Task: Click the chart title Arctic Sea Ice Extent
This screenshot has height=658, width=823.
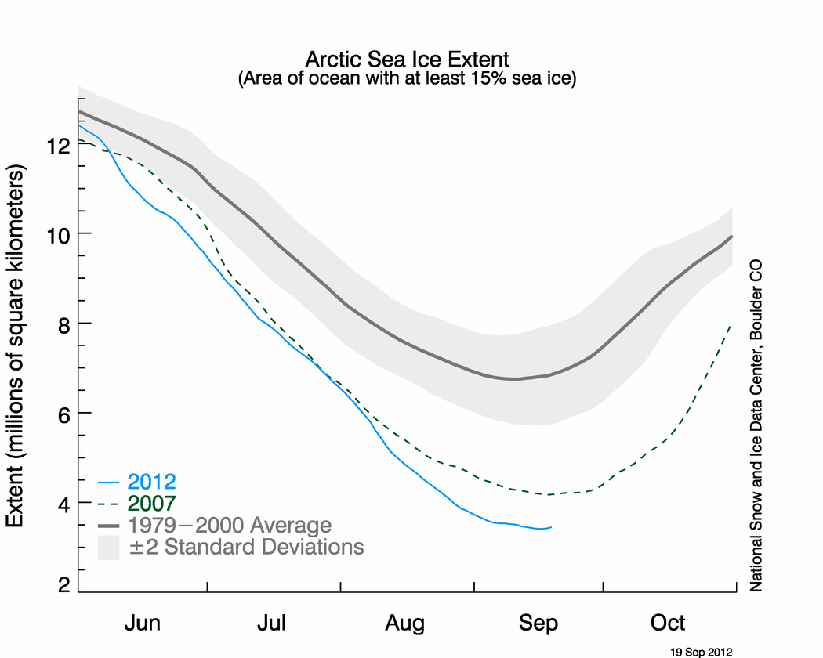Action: (x=407, y=60)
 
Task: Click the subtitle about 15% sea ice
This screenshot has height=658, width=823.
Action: (x=407, y=78)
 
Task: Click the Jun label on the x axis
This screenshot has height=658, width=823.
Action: (x=143, y=624)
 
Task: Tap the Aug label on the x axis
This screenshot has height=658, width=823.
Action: (x=405, y=624)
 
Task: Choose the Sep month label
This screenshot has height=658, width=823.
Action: (x=538, y=624)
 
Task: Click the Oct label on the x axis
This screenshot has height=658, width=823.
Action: (x=669, y=624)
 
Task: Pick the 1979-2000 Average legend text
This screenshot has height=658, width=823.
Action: (x=230, y=525)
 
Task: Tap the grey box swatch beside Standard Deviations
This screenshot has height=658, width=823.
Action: (x=108, y=547)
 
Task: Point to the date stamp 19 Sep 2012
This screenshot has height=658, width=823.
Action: (x=700, y=651)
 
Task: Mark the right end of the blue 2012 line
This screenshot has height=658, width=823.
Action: (x=551, y=527)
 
